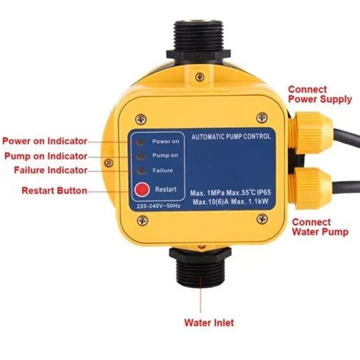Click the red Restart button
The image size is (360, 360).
coord(141,190)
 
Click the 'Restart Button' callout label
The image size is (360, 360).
coord(55,190)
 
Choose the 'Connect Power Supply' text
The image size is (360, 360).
coord(319,94)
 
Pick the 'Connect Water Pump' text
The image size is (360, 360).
coord(317,227)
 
